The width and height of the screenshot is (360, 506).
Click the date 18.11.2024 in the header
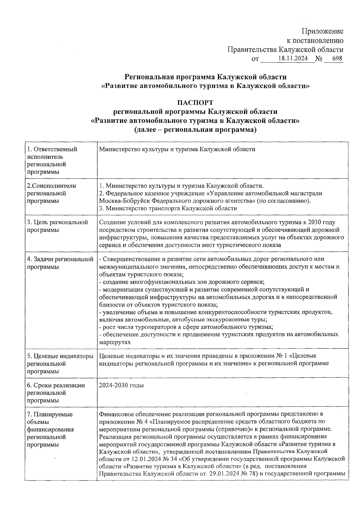(x=293, y=58)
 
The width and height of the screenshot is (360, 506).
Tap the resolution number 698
(x=337, y=58)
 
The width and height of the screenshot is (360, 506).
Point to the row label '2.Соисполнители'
(x=51, y=186)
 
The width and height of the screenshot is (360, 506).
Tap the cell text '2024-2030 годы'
(x=121, y=385)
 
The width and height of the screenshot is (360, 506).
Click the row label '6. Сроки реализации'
(x=56, y=385)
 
